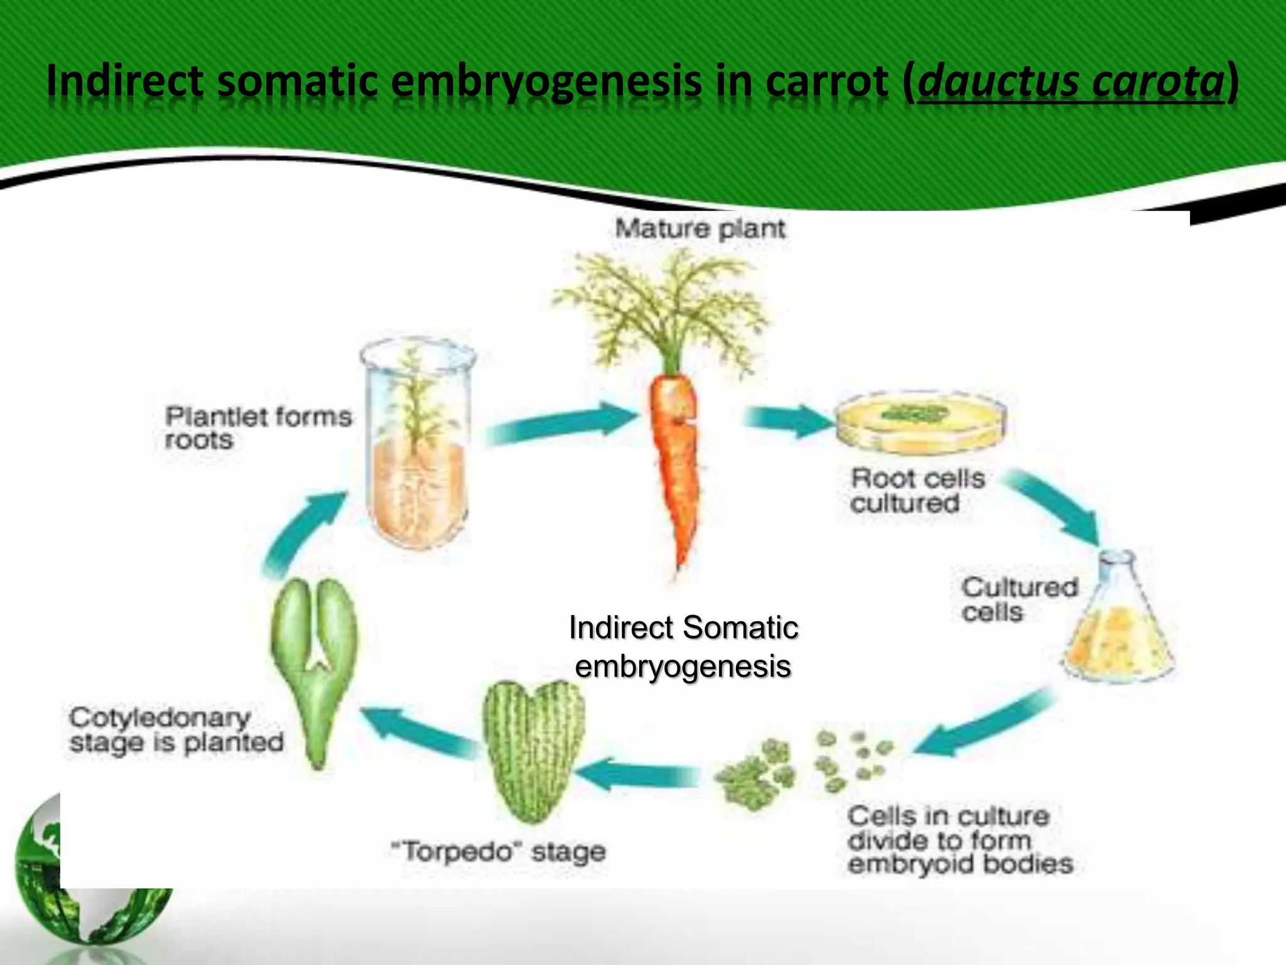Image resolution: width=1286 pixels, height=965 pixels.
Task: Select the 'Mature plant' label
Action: pos(700,229)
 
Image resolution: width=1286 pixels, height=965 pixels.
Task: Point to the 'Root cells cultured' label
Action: pos(917,491)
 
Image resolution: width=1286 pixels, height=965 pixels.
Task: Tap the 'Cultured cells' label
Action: pos(1019,599)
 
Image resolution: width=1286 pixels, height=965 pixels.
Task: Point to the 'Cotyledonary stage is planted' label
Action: pos(176,730)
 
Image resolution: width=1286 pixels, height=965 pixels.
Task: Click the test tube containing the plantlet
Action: pos(418,446)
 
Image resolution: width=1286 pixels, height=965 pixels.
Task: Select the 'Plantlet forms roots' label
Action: pos(257,428)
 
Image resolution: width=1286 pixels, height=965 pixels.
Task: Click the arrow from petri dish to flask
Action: pos(1055,506)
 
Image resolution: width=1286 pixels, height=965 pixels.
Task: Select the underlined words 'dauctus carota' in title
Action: pos(1070,82)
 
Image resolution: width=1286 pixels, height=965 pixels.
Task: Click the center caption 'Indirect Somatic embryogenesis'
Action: pos(683,647)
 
